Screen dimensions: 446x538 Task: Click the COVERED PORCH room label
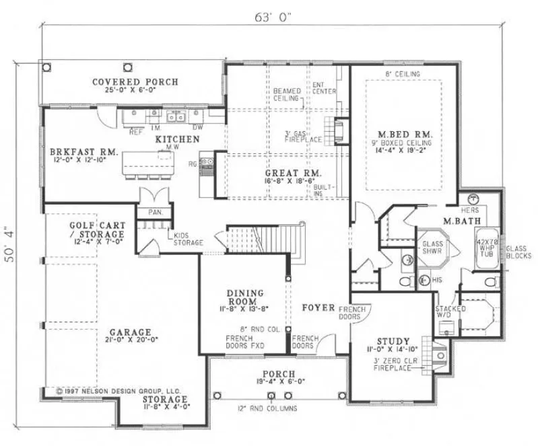(135, 82)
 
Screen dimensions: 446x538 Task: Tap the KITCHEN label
(177, 139)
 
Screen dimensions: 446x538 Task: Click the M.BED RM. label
(403, 135)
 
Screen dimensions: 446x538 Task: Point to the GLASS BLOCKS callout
(518, 252)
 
